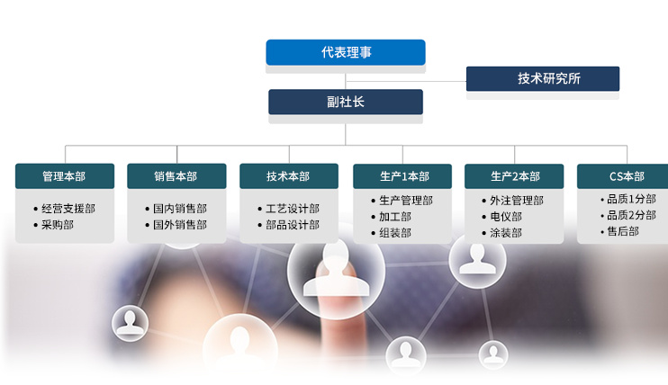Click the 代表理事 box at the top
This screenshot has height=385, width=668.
coord(346,52)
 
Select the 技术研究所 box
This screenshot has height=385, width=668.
coord(543,78)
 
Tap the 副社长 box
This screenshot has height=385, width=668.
coord(346,102)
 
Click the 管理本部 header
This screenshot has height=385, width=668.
coord(64,176)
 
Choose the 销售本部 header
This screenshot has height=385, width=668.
coord(176,176)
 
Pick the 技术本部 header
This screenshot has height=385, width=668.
coord(288,176)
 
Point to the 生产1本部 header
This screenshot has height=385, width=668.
coord(402,176)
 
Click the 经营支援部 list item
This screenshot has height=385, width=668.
coord(68,209)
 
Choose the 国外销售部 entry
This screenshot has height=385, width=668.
coord(180,225)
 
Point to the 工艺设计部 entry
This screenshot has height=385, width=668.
coord(293,209)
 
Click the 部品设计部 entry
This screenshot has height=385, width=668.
coord(293,225)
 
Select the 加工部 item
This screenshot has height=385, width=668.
coord(395,217)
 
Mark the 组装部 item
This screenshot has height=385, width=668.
coord(395,233)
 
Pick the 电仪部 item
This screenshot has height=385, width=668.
coord(507,217)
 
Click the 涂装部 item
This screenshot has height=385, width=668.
coord(507,233)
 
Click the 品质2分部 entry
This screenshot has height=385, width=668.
coord(631,215)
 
